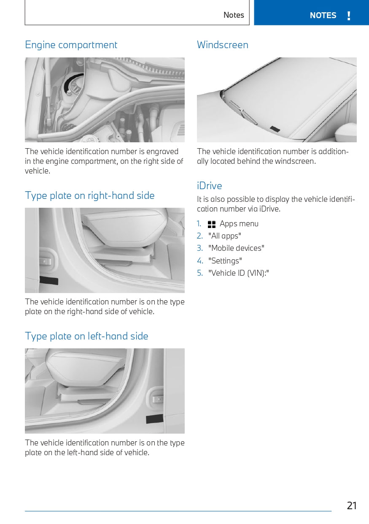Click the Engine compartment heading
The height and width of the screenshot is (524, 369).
(x=71, y=45)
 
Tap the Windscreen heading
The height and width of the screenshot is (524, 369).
(x=223, y=45)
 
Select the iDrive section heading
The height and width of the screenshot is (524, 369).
(x=210, y=186)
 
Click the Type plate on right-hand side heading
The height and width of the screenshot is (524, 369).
(x=90, y=195)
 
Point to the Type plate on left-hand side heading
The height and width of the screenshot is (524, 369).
(x=86, y=336)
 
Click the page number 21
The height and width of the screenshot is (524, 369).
(x=352, y=506)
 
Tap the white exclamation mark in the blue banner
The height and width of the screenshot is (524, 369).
(x=349, y=16)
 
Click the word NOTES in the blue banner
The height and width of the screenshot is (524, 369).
(x=323, y=16)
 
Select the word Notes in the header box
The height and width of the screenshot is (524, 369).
(x=234, y=15)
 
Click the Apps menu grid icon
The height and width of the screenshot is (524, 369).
(x=212, y=224)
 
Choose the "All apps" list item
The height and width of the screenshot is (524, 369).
(x=225, y=236)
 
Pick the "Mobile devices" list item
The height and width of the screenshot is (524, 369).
(x=236, y=248)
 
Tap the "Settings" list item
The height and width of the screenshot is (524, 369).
(x=225, y=261)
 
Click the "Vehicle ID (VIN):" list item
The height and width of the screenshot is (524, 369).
(x=239, y=273)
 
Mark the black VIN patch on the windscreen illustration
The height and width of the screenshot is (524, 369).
(x=275, y=129)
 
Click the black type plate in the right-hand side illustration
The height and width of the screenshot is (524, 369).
(x=49, y=280)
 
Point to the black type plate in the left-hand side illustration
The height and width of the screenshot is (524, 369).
(x=155, y=419)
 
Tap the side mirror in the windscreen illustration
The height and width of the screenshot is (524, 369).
(x=346, y=133)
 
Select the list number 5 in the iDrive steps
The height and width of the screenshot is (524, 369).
(x=199, y=273)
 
